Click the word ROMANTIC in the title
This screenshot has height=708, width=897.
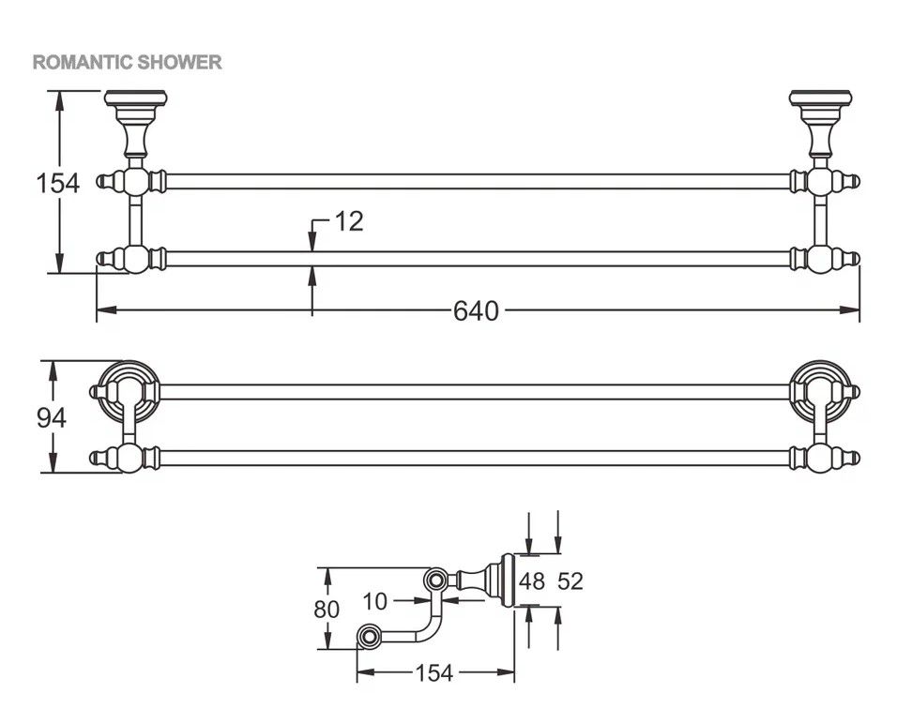coord(83,63)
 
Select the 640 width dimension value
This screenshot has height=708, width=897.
coord(476,310)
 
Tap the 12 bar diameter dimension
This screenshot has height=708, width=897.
coord(347,222)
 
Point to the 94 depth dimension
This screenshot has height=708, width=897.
coord(52,417)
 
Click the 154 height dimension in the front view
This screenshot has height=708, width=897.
coord(58,182)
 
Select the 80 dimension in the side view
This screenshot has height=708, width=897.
coord(326,609)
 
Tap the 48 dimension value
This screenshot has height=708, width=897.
coord(531,581)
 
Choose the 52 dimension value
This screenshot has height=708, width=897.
coord(570,581)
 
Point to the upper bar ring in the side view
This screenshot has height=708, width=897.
coord(434,581)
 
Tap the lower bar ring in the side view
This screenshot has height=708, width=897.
coord(369,638)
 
